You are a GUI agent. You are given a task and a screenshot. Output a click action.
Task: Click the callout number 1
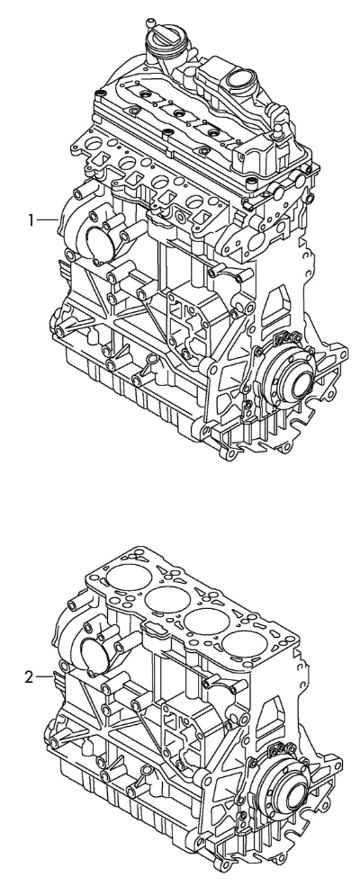[31, 219]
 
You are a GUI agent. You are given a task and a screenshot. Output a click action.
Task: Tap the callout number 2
[30, 676]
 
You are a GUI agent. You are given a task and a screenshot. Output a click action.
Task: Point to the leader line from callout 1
[48, 219]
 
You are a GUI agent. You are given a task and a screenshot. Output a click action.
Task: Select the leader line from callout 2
[45, 676]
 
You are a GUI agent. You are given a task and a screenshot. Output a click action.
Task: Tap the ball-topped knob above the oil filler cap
[151, 22]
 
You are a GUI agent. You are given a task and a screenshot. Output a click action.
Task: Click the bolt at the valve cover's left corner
[101, 94]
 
